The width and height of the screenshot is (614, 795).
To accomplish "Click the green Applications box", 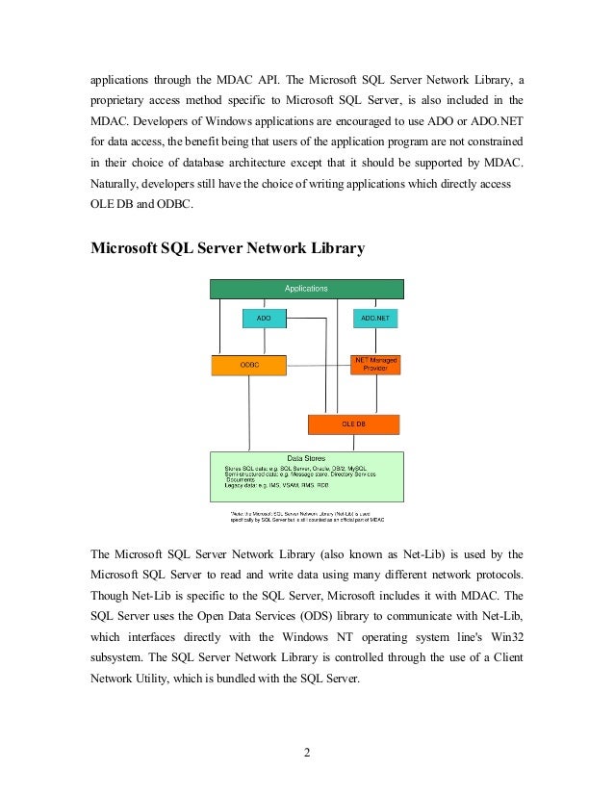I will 306,288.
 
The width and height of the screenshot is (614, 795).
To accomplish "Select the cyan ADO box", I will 264,318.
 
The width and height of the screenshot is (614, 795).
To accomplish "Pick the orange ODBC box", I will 249,365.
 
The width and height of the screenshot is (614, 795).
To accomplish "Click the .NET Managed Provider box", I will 374,364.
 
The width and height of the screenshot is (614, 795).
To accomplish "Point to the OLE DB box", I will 353,423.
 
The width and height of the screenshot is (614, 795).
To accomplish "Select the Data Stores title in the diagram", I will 306,458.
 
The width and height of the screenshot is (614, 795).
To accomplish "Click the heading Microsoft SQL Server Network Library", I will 227,248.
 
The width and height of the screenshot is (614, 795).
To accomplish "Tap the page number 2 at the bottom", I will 306,752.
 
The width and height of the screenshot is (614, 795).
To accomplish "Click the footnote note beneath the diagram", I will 306,519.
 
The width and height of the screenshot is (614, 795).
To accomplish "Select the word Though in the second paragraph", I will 110,597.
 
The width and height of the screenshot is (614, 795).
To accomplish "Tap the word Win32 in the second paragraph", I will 504,639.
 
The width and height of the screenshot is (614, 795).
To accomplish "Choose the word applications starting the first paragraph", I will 122,78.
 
